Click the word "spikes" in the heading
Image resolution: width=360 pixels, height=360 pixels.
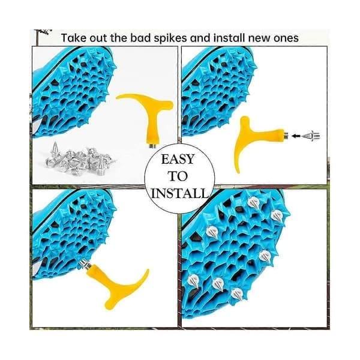click(x=170, y=38)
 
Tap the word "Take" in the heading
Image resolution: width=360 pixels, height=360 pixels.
click(x=74, y=38)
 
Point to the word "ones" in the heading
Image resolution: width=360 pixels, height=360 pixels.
click(x=286, y=38)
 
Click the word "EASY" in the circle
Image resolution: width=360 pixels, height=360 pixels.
click(x=178, y=160)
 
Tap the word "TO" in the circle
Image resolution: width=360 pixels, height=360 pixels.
click(x=178, y=176)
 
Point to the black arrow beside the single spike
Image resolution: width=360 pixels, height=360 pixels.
click(x=296, y=136)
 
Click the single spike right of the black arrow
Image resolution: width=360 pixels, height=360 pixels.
click(x=311, y=136)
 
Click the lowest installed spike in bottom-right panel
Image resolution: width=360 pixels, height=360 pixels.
click(x=238, y=294)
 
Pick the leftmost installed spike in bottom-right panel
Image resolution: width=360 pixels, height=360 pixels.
click(x=194, y=281)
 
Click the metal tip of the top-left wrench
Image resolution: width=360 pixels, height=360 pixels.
click(x=152, y=146)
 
